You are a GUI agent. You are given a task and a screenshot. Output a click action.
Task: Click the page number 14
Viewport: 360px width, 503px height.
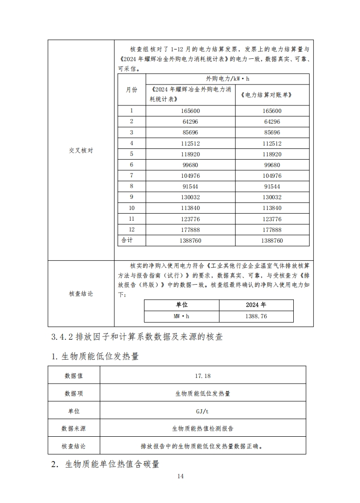click(x=180, y=476)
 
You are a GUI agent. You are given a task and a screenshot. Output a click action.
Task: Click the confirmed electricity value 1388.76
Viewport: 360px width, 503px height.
click(x=256, y=316)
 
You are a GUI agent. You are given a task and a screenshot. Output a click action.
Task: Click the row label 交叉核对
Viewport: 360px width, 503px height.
click(x=81, y=151)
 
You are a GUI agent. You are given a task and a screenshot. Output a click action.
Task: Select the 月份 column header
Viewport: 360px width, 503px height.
click(x=132, y=90)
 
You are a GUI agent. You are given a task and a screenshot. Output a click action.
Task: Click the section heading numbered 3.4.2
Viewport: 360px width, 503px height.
click(x=134, y=336)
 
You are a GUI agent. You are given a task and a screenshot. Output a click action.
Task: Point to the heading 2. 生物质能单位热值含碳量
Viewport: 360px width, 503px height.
click(x=105, y=464)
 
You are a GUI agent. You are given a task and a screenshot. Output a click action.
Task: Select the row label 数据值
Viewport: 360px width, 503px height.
click(x=74, y=375)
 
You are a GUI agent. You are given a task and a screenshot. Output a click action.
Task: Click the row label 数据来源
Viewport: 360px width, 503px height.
click(x=74, y=428)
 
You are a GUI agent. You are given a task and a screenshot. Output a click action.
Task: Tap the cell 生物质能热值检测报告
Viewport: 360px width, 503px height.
click(x=202, y=428)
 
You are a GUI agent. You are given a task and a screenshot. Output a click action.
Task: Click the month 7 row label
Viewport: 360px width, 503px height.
click(x=132, y=175)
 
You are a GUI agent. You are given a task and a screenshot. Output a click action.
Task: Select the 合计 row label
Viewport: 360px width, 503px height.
click(x=127, y=240)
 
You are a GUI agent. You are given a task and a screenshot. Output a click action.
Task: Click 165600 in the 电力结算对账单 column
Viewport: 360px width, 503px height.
click(x=272, y=111)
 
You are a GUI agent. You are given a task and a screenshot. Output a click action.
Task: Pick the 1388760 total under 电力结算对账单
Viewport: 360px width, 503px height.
click(x=272, y=241)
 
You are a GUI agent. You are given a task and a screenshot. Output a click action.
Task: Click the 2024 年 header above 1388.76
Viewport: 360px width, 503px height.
click(x=256, y=305)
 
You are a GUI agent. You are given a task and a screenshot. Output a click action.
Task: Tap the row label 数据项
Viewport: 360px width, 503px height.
click(x=74, y=393)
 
